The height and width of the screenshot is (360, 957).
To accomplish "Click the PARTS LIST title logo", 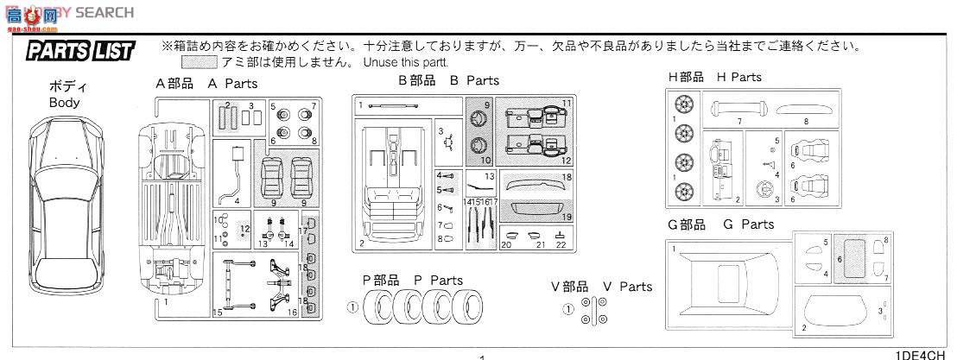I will point(80,51).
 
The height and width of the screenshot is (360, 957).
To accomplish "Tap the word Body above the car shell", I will point(64,103).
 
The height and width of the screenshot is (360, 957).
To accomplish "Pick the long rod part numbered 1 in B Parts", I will point(393,105).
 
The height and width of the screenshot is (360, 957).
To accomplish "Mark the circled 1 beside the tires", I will point(352,306).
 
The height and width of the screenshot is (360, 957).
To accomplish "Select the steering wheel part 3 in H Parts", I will point(763,192).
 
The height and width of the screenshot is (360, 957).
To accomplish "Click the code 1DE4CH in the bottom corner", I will point(924,354).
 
